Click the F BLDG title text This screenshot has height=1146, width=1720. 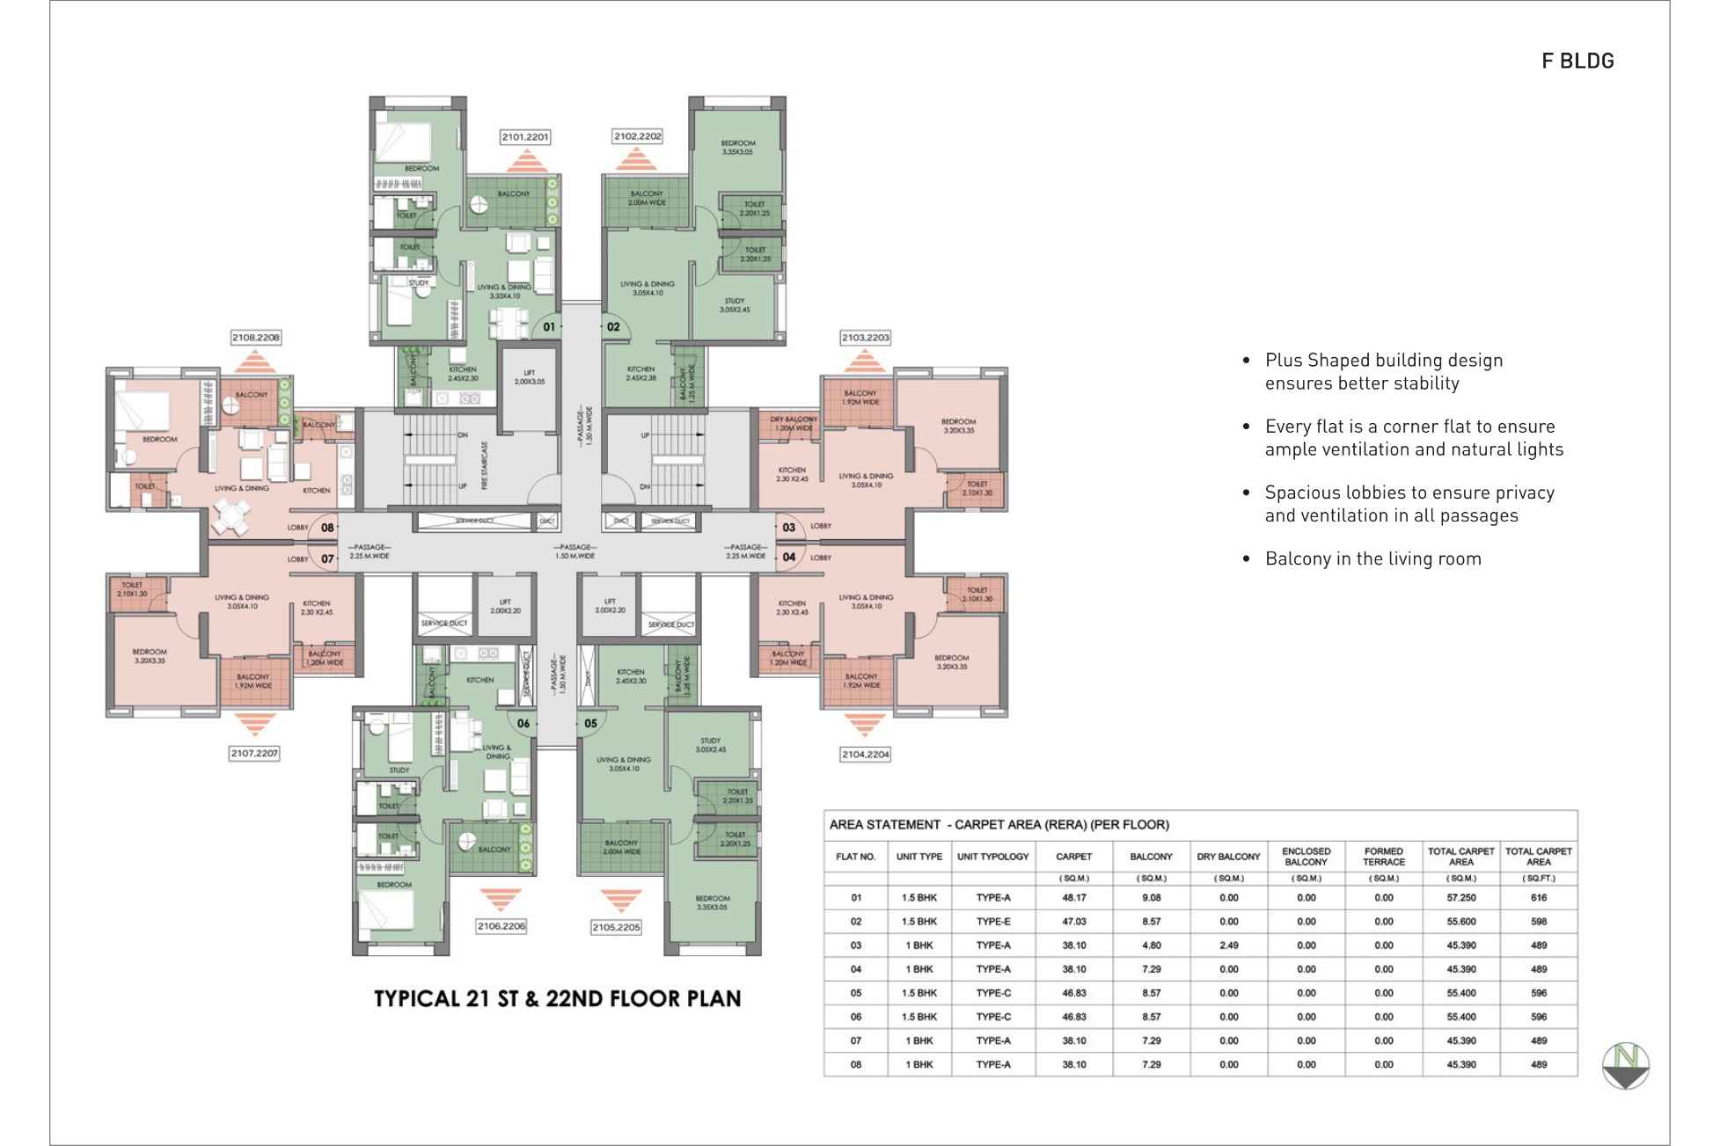coord(1577,61)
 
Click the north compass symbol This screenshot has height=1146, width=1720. coord(1624,1065)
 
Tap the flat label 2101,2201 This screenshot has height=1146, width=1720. coord(525,137)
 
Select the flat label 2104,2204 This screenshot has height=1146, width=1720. coord(865,754)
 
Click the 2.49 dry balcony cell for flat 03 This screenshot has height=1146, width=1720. coord(1228,945)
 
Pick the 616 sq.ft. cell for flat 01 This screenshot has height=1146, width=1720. coord(1538,898)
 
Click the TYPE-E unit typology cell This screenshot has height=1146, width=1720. coord(992,922)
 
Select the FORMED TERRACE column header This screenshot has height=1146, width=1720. coord(1383,857)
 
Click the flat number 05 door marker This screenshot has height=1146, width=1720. coord(590,724)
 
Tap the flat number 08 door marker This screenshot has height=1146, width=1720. coord(327,528)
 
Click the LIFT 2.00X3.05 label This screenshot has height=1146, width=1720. coord(529,377)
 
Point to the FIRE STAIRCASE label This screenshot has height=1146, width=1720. coord(485,465)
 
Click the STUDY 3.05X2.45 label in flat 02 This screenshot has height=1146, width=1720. coord(735,305)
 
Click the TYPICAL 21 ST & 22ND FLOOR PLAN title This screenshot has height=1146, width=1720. coord(557,999)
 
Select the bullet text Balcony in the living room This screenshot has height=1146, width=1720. coord(1372,558)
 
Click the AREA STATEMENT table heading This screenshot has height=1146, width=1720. coord(999,825)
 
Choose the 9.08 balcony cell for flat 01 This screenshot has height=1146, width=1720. coord(1151,898)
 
